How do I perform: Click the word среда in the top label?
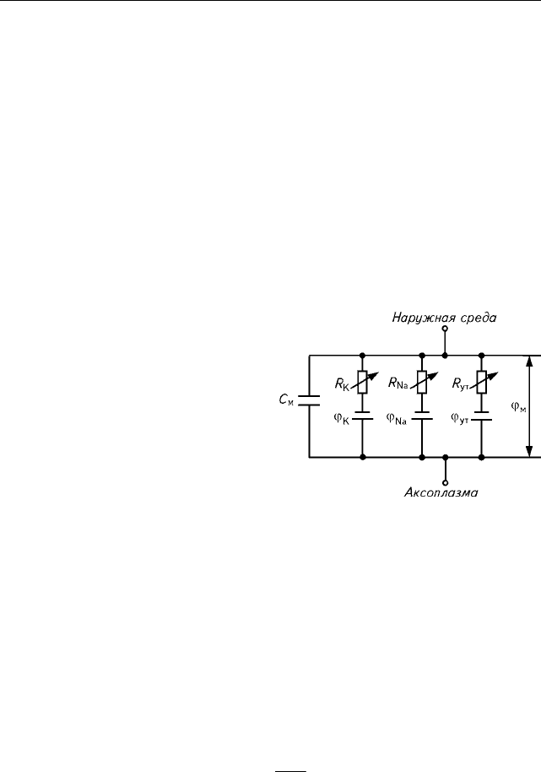click(478, 318)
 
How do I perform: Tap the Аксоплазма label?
click(441, 492)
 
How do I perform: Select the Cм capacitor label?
click(286, 400)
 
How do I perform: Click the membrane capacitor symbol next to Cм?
click(310, 400)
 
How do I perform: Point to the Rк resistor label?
click(342, 384)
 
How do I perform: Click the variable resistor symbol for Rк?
click(363, 382)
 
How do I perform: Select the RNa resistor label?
click(398, 383)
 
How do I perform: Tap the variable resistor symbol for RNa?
click(422, 382)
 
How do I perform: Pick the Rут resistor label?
click(460, 384)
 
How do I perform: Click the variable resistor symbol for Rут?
click(482, 382)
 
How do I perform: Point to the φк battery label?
click(341, 419)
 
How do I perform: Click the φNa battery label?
click(397, 419)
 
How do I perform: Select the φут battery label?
click(460, 419)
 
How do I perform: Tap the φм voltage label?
click(518, 406)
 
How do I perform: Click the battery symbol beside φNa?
click(422, 416)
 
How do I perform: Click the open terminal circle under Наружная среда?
click(445, 329)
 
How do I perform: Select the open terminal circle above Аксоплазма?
click(445, 483)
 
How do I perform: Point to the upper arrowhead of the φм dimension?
click(529, 362)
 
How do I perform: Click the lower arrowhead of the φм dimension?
click(529, 451)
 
